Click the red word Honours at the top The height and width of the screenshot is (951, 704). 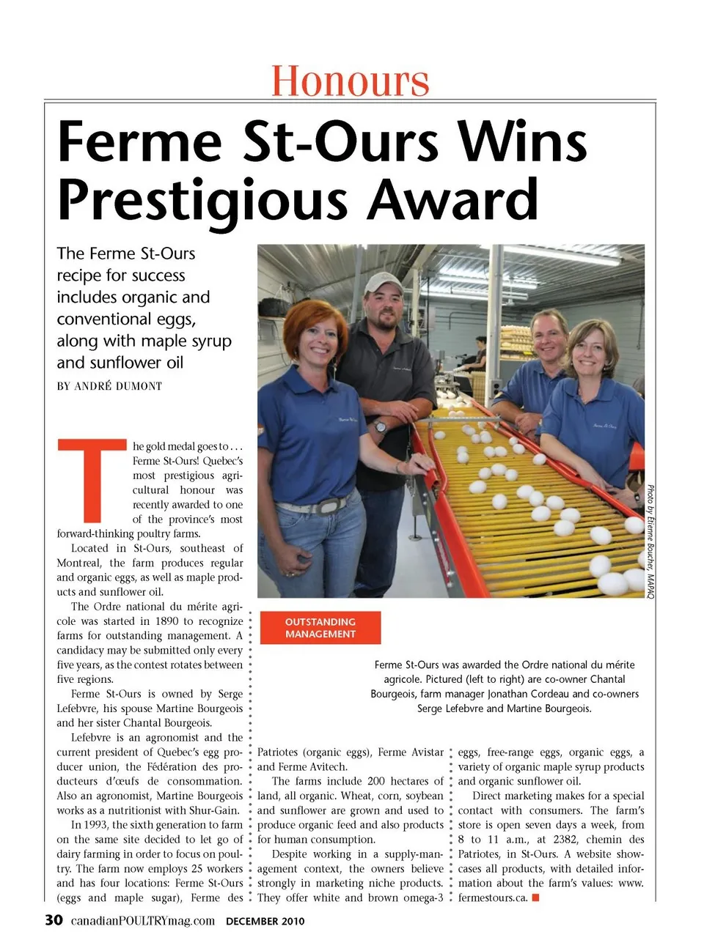tap(350, 81)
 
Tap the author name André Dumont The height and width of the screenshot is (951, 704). tap(118, 386)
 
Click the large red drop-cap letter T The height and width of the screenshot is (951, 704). tap(92, 479)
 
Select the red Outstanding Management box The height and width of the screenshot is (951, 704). tap(320, 628)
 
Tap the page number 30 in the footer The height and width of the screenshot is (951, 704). tap(54, 920)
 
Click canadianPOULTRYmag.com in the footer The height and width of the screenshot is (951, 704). tap(143, 921)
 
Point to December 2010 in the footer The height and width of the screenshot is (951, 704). tap(265, 921)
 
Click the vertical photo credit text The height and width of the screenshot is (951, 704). tap(650, 541)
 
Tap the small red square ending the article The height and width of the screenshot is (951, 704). tap(536, 898)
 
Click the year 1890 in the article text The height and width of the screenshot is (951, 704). tap(166, 621)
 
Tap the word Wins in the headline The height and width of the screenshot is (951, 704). tap(522, 141)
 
